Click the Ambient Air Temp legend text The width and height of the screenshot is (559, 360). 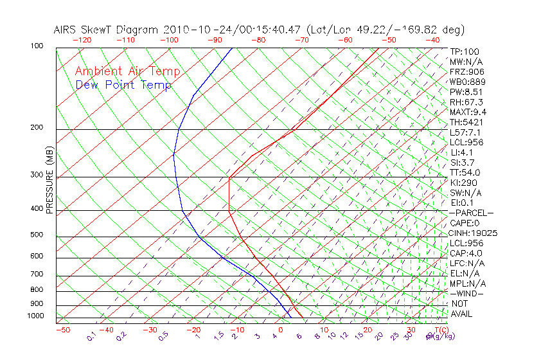tap(128, 71)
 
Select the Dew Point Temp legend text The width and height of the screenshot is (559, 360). tap(123, 85)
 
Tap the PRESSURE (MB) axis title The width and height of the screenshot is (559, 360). tap(49, 180)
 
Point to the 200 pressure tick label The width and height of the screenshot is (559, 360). tap(37, 128)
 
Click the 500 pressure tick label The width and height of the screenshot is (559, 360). tap(37, 235)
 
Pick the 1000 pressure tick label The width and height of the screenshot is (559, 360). tap(35, 316)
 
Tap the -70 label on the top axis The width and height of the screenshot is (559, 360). tap(301, 40)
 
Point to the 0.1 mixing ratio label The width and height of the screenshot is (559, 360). tap(92, 336)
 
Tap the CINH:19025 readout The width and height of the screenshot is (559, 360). tap(474, 233)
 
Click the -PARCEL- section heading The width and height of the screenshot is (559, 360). tap(471, 213)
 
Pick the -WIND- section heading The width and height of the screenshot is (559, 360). tap(467, 294)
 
